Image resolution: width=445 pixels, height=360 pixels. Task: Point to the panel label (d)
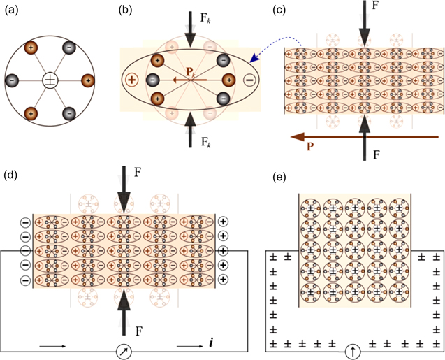click(13, 174)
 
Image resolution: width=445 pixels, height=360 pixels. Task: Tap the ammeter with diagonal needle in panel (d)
click(124, 347)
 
